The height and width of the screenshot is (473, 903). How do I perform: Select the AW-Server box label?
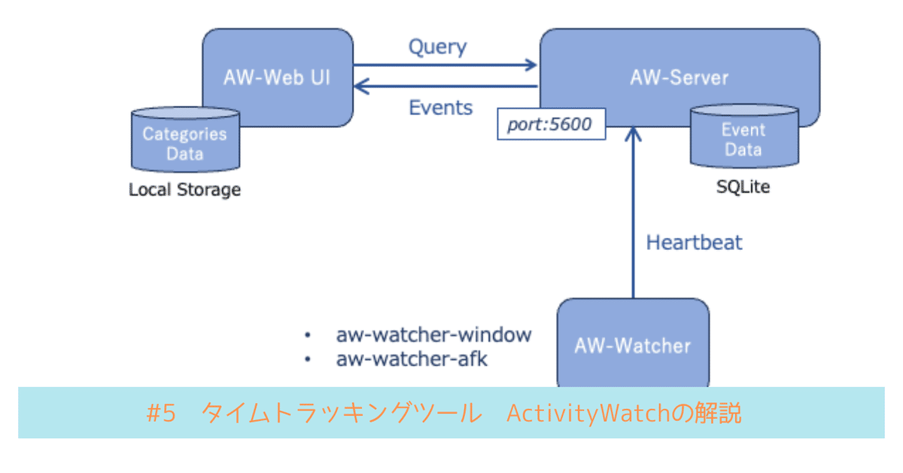(x=678, y=78)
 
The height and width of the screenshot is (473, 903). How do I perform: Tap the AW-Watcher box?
(x=632, y=346)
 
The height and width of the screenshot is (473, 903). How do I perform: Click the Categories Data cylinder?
(x=185, y=143)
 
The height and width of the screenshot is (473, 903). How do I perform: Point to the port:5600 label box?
(x=550, y=125)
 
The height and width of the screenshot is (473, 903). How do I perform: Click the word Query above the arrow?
(x=437, y=47)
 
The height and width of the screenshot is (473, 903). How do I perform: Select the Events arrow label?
(x=440, y=108)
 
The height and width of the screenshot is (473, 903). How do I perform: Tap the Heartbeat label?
(x=694, y=243)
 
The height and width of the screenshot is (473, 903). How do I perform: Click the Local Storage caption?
(x=184, y=190)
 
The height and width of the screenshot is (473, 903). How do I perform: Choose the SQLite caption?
(x=743, y=186)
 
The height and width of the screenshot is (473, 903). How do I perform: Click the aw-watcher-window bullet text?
(x=433, y=334)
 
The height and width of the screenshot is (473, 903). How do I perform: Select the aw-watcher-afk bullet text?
(x=412, y=359)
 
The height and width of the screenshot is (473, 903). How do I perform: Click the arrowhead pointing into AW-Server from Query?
(x=531, y=65)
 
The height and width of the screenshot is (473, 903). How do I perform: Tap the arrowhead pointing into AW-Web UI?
(x=360, y=87)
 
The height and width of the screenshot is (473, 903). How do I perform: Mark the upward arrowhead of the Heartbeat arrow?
(x=633, y=133)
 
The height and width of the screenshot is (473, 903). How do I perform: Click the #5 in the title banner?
(x=160, y=413)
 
